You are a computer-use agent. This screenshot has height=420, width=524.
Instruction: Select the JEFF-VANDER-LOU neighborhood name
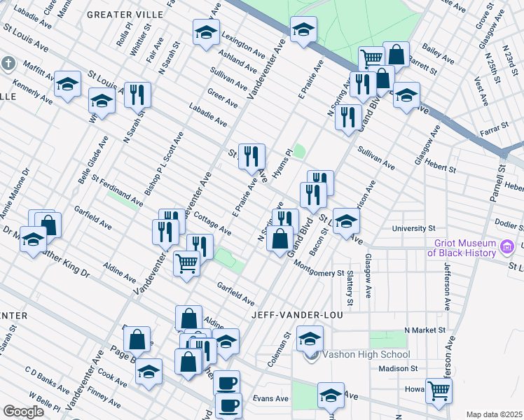point(298,315)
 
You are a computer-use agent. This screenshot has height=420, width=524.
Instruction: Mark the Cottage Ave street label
point(212,223)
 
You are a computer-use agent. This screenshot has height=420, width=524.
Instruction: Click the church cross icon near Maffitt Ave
point(8,64)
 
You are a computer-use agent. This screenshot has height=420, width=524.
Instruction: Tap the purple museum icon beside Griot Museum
point(507,246)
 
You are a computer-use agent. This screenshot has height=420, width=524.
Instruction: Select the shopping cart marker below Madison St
point(439,391)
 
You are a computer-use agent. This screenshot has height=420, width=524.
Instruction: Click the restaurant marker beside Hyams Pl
point(251,157)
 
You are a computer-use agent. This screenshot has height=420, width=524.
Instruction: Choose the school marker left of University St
point(345,222)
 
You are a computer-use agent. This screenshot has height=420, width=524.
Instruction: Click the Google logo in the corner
point(24,412)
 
